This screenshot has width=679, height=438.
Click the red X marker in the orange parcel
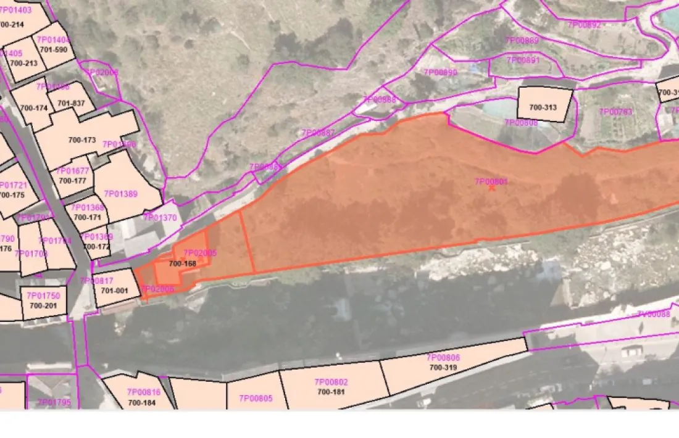coord(491,188)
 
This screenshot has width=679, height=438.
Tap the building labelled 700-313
coord(543,107)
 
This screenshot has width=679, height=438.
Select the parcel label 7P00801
coord(491,181)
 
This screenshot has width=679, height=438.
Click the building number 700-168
coord(182,264)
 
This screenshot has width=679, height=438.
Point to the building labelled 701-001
coord(114,291)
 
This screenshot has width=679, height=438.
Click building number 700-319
coord(443,367)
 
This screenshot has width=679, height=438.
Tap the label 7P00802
coord(331,382)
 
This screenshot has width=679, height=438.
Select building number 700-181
coord(331,391)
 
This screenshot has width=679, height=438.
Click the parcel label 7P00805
coord(256,399)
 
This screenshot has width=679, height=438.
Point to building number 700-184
coord(142,403)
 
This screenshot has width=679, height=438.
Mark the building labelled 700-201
coord(43,305)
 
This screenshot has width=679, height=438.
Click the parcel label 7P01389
coord(120,194)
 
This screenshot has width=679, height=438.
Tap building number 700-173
coord(82,140)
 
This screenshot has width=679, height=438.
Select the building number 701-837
coord(71,103)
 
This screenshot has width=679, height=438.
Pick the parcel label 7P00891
coord(523,60)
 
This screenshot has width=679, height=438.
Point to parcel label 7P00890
coord(440,72)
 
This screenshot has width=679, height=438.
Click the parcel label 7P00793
coord(615,112)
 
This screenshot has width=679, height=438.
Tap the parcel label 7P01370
coord(160,218)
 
